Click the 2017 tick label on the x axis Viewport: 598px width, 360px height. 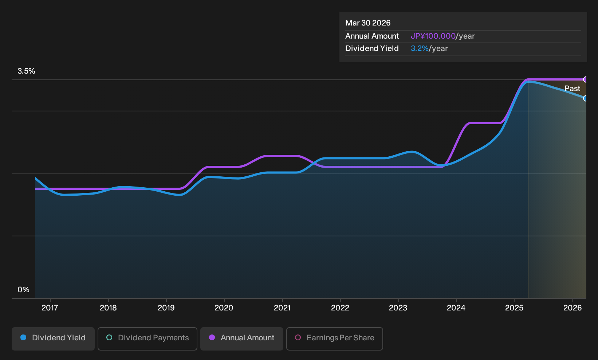coord(50,308)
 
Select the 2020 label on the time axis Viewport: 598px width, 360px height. coord(224,308)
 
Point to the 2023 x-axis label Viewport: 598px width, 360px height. coord(398,308)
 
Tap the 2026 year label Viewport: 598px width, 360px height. coord(573,308)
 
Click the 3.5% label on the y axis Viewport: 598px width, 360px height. coord(26,71)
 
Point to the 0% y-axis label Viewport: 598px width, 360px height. coord(24,290)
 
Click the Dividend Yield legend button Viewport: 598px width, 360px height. coord(53,339)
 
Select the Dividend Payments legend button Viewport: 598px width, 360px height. coord(147,339)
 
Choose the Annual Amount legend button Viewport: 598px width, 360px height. coord(241,339)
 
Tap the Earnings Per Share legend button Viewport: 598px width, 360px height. coord(334,339)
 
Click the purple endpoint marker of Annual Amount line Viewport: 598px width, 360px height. coord(586,79)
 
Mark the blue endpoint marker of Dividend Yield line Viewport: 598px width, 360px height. coord(586,98)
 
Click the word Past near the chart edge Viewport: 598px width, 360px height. coord(573,89)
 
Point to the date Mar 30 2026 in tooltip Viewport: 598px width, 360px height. coord(368,23)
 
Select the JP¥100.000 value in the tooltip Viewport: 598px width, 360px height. coord(433,36)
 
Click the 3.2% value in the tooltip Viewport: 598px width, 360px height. coord(420,48)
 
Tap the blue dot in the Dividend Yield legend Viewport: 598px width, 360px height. coord(24,337)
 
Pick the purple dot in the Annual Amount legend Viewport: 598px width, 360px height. coord(212,337)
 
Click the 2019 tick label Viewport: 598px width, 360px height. coord(166,308)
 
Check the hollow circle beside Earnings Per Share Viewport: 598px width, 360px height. coord(298,337)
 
